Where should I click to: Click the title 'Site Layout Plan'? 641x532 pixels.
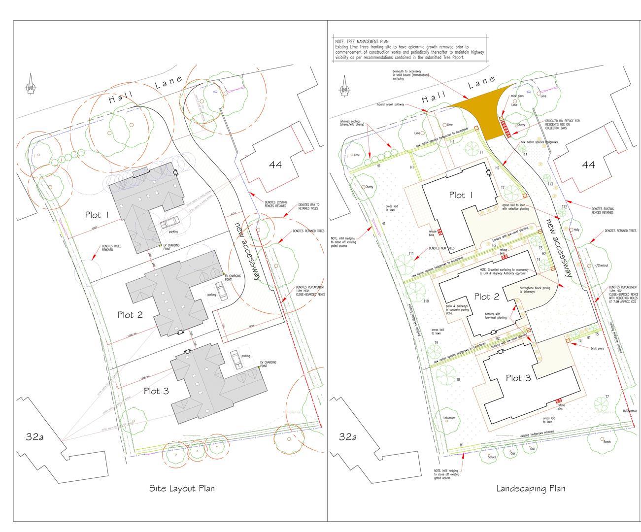pyautogui.click(x=182, y=489)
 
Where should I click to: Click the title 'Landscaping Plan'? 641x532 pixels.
pyautogui.click(x=531, y=489)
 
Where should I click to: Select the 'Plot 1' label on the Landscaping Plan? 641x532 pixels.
pyautogui.click(x=460, y=195)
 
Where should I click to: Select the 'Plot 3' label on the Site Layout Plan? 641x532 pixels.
pyautogui.click(x=156, y=391)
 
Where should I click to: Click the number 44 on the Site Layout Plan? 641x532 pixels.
pyautogui.click(x=275, y=165)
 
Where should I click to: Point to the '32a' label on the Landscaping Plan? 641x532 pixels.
pyautogui.click(x=348, y=436)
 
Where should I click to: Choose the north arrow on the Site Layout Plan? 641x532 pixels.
pyautogui.click(x=31, y=85)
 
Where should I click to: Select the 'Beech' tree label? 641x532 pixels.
pyautogui.click(x=607, y=442)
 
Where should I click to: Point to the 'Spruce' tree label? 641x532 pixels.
pyautogui.click(x=492, y=457)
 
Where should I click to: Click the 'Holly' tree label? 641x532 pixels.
pyautogui.click(x=576, y=230)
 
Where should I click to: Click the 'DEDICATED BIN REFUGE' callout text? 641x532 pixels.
pyautogui.click(x=562, y=124)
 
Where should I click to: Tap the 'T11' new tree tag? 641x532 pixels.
pyautogui.click(x=411, y=253)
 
